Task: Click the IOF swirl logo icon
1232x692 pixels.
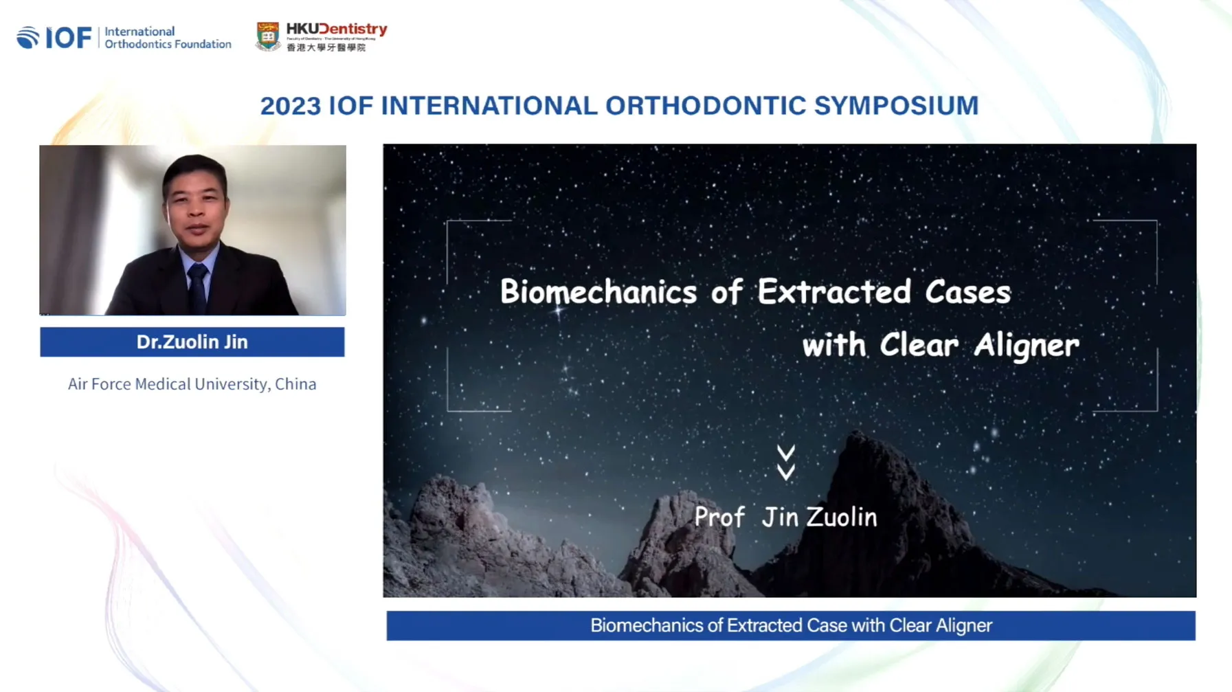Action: (x=28, y=37)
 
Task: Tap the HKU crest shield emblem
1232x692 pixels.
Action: (x=267, y=36)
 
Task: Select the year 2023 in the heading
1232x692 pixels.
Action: (x=290, y=106)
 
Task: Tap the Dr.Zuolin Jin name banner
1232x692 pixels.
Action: (x=192, y=342)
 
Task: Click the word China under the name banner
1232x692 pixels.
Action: (x=295, y=384)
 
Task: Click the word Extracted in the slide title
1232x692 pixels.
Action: (x=834, y=292)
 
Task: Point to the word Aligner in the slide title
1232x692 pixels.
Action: (x=1027, y=345)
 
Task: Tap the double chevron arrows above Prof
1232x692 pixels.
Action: (x=786, y=462)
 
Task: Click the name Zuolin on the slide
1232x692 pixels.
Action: (x=842, y=517)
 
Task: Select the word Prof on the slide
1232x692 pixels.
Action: (x=719, y=517)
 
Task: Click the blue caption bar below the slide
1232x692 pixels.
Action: (x=790, y=625)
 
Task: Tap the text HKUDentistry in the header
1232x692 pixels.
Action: (x=337, y=29)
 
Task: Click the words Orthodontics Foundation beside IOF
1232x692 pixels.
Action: (x=168, y=44)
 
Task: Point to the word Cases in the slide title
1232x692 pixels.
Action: (x=967, y=292)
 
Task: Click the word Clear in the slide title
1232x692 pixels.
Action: (x=919, y=345)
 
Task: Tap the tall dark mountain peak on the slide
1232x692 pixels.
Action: (x=873, y=481)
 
